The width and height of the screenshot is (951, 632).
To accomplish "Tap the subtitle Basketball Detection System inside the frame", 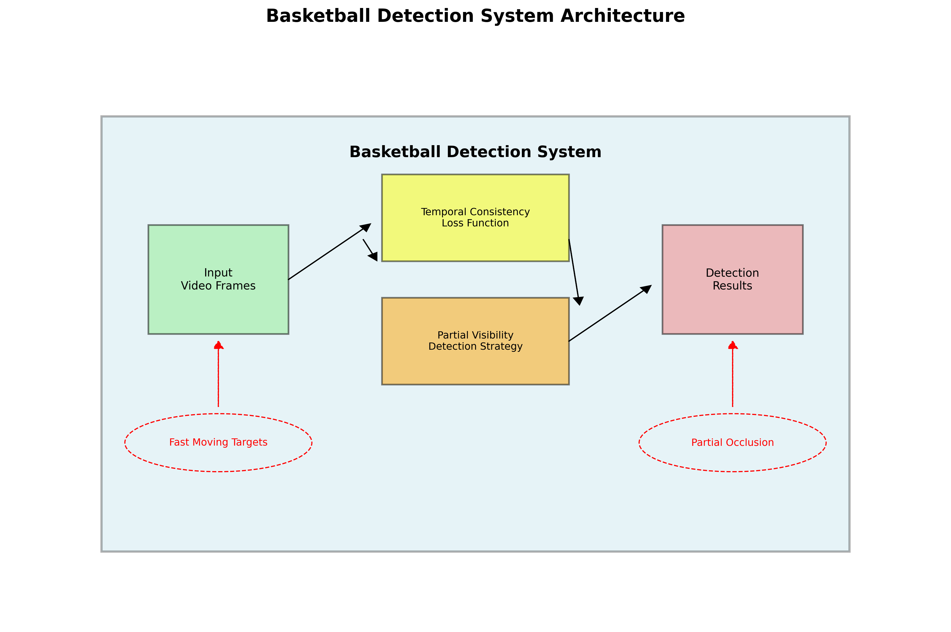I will pyautogui.click(x=475, y=152).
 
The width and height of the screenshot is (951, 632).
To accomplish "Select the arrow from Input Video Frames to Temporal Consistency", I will pyautogui.click(x=328, y=252).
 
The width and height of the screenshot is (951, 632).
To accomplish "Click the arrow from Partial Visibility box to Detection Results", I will pyautogui.click(x=609, y=313).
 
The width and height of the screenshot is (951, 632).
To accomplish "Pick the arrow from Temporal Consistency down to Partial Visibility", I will pyautogui.click(x=574, y=272).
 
